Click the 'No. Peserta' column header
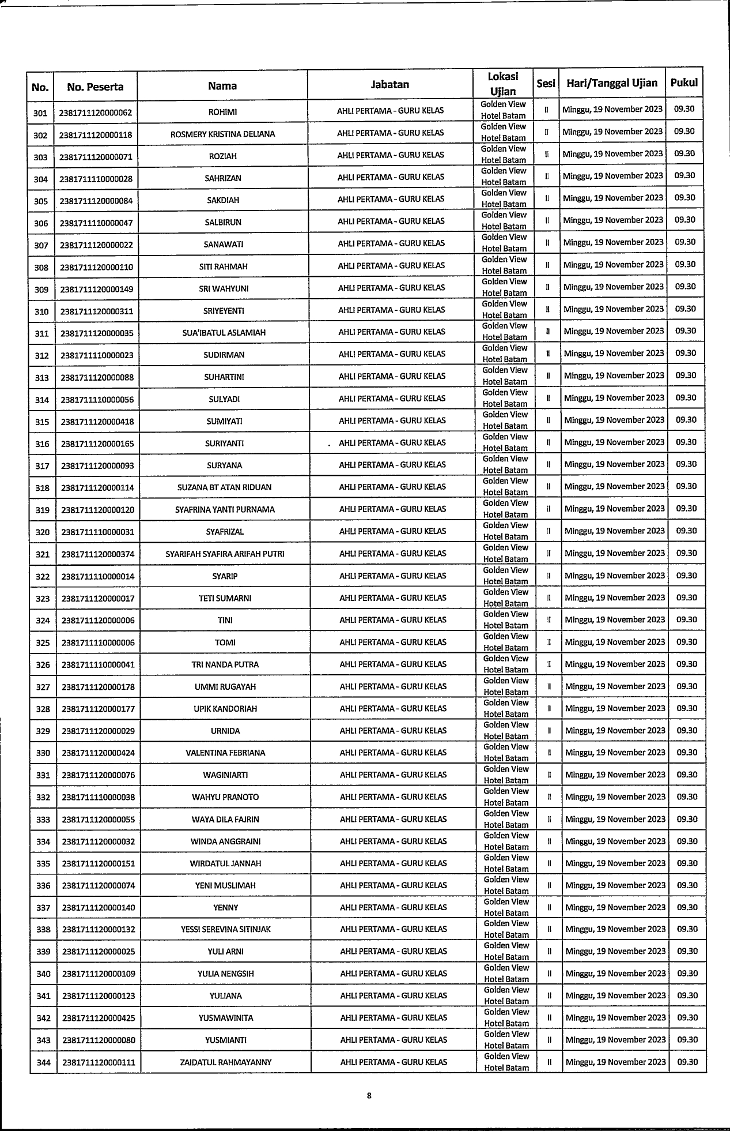tap(95, 87)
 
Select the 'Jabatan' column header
tap(390, 85)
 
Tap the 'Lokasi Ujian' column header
tap(503, 84)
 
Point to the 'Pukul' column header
tap(684, 82)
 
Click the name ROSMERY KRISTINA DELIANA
tap(222, 134)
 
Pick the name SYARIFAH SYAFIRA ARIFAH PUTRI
tap(225, 554)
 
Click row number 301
tap(40, 112)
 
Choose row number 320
tap(43, 532)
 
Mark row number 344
tap(44, 1062)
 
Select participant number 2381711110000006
tap(97, 642)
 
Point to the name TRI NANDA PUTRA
tap(225, 664)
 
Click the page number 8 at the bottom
tap(369, 1096)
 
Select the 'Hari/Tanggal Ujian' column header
tap(612, 83)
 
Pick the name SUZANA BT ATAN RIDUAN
tap(224, 488)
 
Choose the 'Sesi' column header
tap(546, 84)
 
